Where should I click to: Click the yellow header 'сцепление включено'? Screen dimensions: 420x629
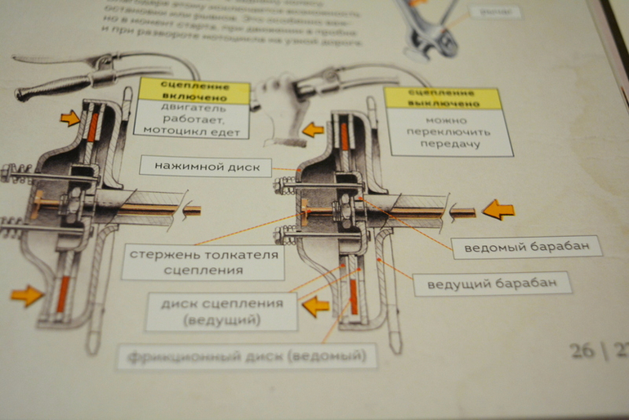tap(194, 91)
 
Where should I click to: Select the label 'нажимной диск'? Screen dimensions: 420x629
tap(204, 166)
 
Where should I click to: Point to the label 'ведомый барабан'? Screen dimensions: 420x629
tap(527, 247)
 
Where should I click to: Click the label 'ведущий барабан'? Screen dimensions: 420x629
tap(492, 284)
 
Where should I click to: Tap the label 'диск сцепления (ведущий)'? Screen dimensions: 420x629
tap(221, 311)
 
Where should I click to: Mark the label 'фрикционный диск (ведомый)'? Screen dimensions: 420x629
tap(248, 357)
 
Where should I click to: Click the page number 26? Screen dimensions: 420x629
tap(582, 351)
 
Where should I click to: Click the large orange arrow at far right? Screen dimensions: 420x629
tap(497, 210)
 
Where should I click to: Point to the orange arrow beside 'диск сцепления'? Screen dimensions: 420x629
tap(315, 306)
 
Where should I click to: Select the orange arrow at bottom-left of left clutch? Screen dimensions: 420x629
tap(26, 294)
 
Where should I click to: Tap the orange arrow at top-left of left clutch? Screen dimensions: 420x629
tap(70, 119)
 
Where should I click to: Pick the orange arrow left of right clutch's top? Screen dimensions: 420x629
tap(312, 129)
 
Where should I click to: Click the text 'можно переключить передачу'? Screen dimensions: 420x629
tap(449, 132)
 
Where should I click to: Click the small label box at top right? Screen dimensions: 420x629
tap(495, 12)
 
